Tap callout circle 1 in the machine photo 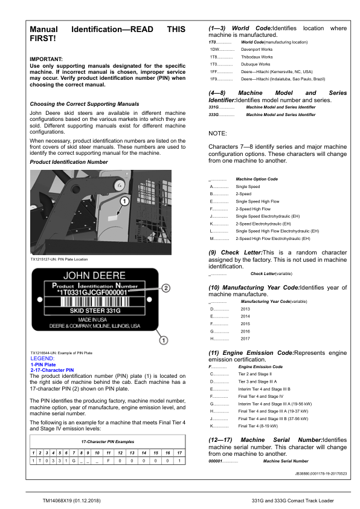tap(124, 200)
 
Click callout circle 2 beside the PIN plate tap(167, 288)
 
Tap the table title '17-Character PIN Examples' tap(108, 443)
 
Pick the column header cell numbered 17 tap(179, 452)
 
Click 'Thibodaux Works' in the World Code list tap(257, 57)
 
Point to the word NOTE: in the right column tap(218, 132)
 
